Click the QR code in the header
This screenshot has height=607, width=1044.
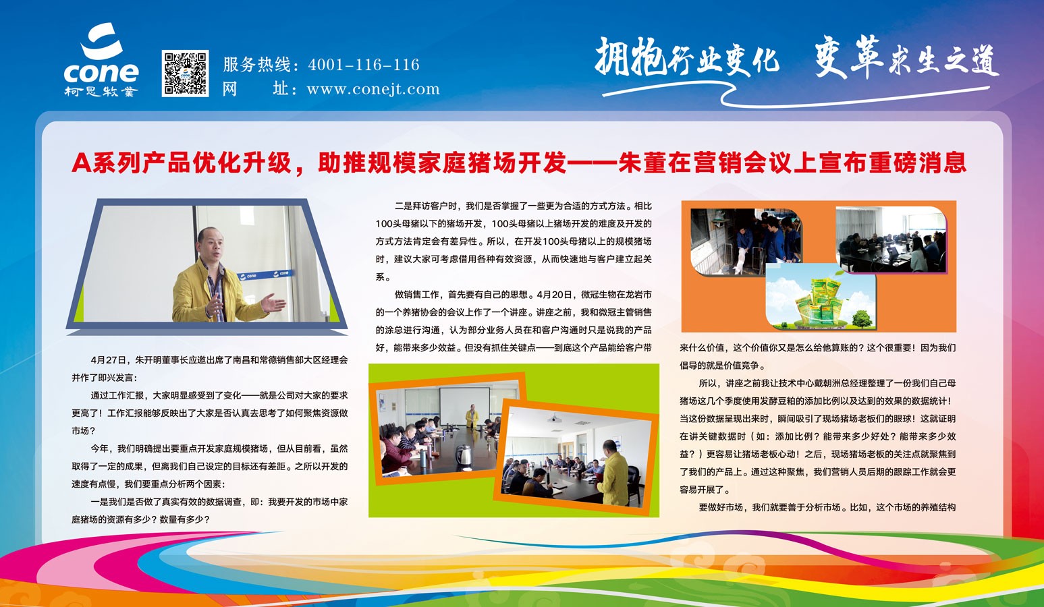pyautogui.click(x=185, y=73)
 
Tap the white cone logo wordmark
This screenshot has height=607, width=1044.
pyautogui.click(x=101, y=71)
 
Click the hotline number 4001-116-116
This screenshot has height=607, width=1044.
pyautogui.click(x=364, y=64)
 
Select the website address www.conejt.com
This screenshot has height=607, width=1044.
pyautogui.click(x=373, y=88)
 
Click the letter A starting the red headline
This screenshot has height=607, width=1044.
pyautogui.click(x=81, y=163)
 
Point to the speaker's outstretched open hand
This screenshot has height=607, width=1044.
pyautogui.click(x=273, y=303)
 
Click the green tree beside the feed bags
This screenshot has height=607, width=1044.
pyautogui.click(x=861, y=318)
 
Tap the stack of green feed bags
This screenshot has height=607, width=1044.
pyautogui.click(x=821, y=301)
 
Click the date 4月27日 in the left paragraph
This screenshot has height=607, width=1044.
pyautogui.click(x=108, y=360)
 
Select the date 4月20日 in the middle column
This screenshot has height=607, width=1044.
pyautogui.click(x=554, y=295)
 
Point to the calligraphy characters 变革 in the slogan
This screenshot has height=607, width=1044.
pyautogui.click(x=848, y=56)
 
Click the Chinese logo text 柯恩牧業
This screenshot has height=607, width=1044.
pyautogui.click(x=101, y=91)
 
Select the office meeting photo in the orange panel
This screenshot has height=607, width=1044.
pyautogui.click(x=891, y=239)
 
